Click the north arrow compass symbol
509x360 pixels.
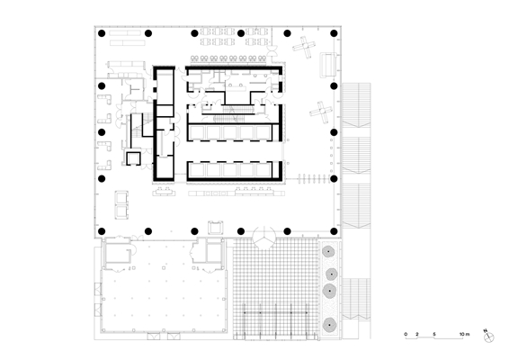pos(488,337)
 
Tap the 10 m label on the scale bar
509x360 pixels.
pos(464,334)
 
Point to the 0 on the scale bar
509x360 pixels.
pos(406,334)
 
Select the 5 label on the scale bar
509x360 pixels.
pos(434,334)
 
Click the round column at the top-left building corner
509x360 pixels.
pos(102,33)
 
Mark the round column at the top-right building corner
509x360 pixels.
pos(334,33)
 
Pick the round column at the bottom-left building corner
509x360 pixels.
pos(102,231)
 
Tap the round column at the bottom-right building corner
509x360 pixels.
pos(334,231)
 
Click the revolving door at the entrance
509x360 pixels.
pos(264,238)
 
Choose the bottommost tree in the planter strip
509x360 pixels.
pos(329,325)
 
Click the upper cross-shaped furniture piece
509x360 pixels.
pos(304,47)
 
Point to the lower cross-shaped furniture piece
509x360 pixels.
pos(321,112)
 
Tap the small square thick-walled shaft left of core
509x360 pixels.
pos(133,158)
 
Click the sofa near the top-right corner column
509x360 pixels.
pos(328,65)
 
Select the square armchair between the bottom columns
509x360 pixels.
pos(216,228)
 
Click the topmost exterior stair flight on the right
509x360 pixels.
pos(356,105)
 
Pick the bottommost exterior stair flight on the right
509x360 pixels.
pos(356,298)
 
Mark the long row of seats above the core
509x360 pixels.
pos(228,58)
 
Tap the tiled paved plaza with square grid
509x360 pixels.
pos(275,289)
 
